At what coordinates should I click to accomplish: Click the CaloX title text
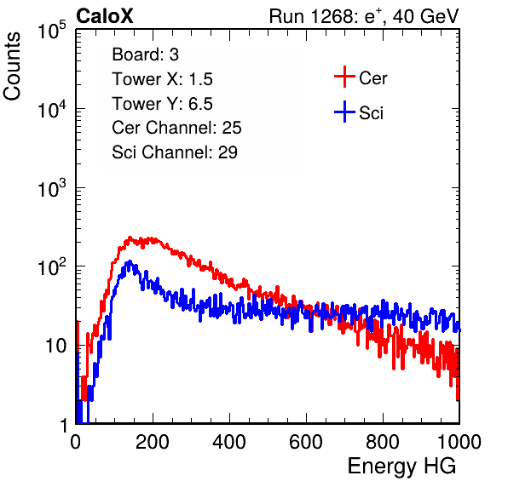[x=104, y=16]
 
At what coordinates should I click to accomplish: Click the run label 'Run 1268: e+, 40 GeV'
[x=364, y=16]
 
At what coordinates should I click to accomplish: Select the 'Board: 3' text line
[x=145, y=54]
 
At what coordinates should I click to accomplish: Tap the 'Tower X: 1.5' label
[x=162, y=79]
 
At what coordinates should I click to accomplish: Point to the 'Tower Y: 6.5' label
[x=162, y=104]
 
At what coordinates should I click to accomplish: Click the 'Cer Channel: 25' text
[x=176, y=128]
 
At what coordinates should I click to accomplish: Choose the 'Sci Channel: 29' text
[x=175, y=152]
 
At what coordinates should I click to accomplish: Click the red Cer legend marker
[x=344, y=77]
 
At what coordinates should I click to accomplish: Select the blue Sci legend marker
[x=344, y=112]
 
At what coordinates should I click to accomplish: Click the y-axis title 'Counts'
[x=12, y=66]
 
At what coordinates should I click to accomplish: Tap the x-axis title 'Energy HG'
[x=401, y=466]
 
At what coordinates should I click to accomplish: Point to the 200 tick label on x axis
[x=153, y=441]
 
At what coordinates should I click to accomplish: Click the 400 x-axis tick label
[x=229, y=441]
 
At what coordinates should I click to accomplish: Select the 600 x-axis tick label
[x=306, y=441]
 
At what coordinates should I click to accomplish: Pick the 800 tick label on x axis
[x=383, y=441]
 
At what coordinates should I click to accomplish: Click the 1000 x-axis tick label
[x=459, y=441]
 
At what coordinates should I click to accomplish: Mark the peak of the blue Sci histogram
[x=130, y=261]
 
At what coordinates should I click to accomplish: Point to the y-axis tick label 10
[x=56, y=346]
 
